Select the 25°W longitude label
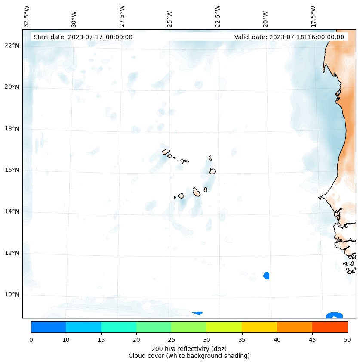[170, 16]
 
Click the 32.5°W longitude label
[27, 16]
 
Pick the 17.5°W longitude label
[313, 16]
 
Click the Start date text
[83, 37]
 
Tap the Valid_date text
[289, 37]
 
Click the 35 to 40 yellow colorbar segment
[259, 327]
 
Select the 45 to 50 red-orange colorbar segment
[329, 327]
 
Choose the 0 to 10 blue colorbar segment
[48, 327]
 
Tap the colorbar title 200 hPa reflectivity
[189, 348]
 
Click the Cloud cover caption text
[189, 356]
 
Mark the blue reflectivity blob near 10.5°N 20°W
[266, 276]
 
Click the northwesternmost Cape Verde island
[166, 152]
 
